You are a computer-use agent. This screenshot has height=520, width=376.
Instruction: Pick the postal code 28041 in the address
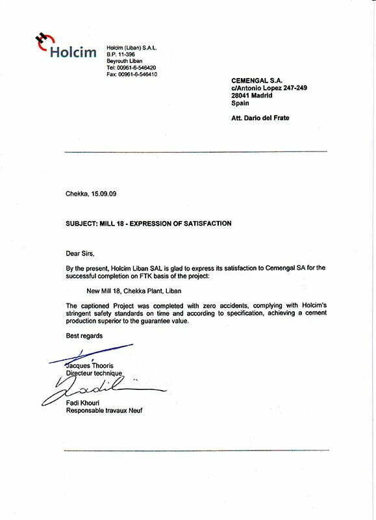(244, 95)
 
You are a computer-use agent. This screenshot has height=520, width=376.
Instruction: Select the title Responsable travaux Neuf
(103, 411)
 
